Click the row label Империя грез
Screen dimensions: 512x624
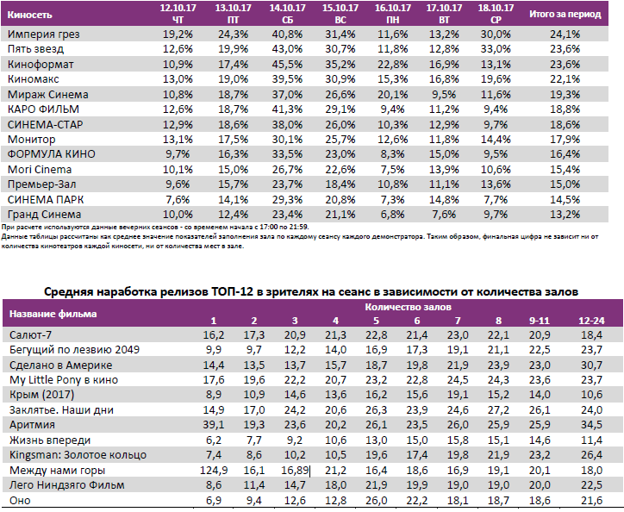(38, 34)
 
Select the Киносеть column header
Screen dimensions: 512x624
(30, 15)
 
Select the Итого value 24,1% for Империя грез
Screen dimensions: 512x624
(565, 34)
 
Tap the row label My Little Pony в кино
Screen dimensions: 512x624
(66, 379)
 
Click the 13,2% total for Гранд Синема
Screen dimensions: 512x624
(565, 214)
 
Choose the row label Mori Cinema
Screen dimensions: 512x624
(40, 169)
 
